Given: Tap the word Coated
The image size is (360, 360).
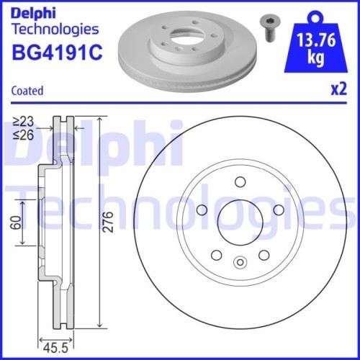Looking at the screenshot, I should click(x=27, y=91).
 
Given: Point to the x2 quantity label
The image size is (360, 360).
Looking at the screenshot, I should click(x=336, y=91).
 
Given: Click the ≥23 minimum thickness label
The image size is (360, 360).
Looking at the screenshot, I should click(x=23, y=120).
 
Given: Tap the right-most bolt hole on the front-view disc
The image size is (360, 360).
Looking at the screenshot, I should click(x=275, y=208).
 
